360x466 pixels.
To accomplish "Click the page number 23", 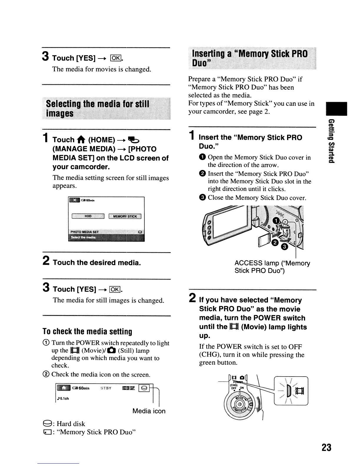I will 326,447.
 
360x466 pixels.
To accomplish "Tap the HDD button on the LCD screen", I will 88,216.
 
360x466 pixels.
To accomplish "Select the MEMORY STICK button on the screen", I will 125,217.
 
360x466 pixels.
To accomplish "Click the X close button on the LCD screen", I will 74,200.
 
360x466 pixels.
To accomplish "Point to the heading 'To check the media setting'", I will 87,332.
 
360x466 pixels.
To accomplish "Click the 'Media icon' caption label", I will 149,411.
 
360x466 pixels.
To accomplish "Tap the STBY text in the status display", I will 106,388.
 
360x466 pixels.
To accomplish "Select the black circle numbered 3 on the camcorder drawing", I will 284,247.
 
